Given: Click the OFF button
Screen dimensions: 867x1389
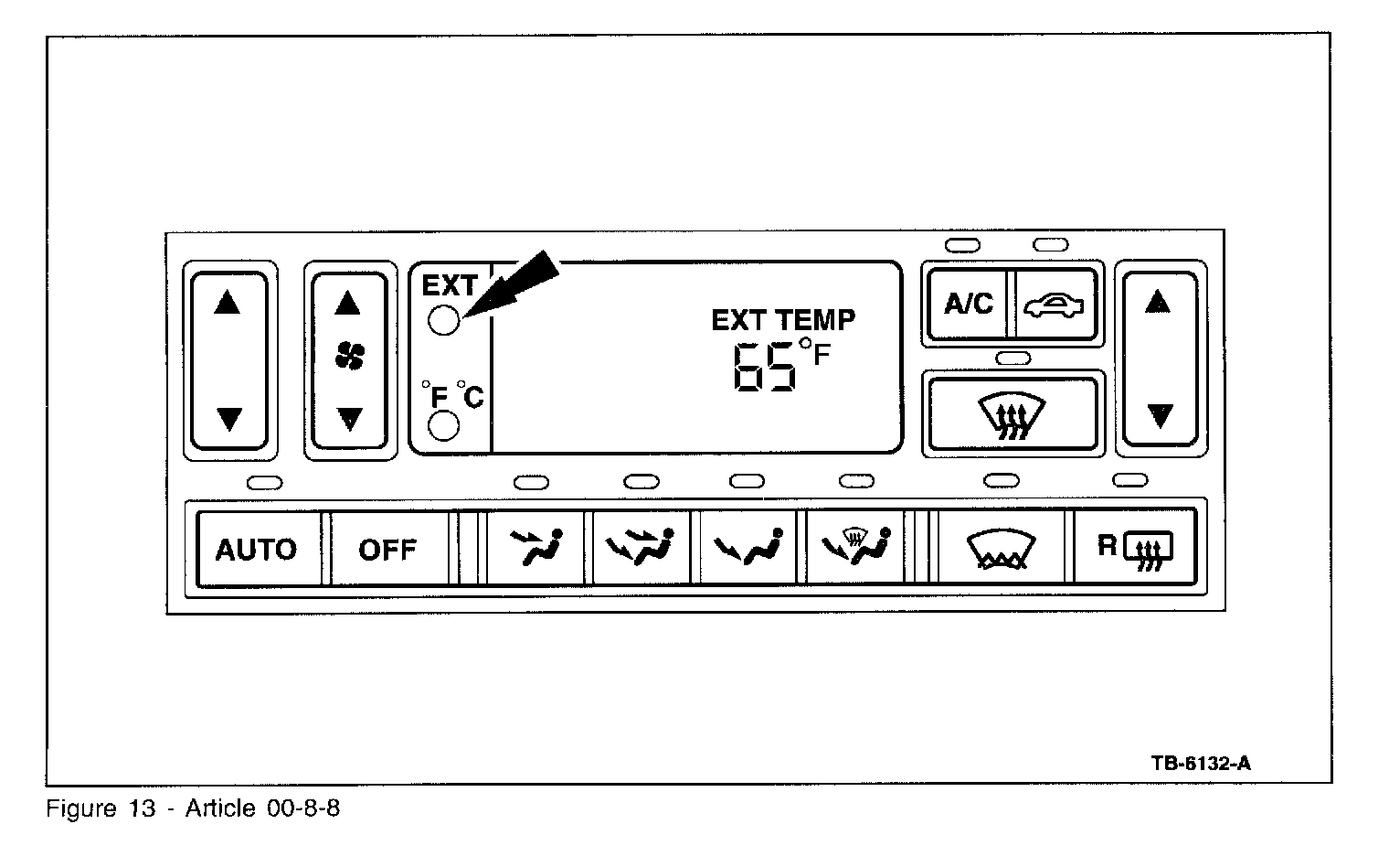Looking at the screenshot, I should [387, 549].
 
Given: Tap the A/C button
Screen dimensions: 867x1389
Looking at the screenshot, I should [968, 304].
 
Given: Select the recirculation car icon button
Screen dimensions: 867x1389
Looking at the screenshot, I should [1055, 305].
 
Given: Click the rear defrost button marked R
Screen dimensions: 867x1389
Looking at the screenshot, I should [1134, 549].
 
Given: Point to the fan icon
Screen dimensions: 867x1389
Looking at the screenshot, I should [349, 358].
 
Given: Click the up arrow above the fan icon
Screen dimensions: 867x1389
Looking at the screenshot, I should [348, 302].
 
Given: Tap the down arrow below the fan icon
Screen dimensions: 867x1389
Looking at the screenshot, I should [349, 419].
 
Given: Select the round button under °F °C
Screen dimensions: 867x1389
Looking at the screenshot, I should [443, 426].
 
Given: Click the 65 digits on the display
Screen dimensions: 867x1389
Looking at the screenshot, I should [764, 369].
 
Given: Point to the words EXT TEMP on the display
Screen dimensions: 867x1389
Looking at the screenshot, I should [783, 320].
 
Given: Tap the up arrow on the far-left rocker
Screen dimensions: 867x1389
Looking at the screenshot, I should [227, 302].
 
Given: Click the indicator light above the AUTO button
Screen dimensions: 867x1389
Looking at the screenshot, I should [265, 482].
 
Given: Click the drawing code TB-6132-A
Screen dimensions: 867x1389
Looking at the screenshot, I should [1201, 763].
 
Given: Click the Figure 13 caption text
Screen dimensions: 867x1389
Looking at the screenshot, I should [193, 809].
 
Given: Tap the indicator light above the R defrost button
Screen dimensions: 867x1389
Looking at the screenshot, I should [1130, 479].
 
